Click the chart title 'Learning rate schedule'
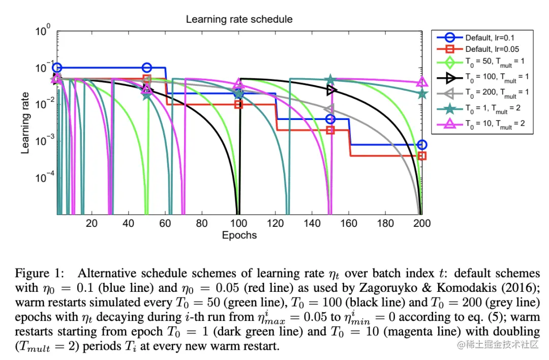239,20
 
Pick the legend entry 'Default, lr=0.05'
492,49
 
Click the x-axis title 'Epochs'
239,235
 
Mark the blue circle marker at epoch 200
421,145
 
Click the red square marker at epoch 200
421,156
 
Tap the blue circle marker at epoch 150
330,119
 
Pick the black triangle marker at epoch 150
331,90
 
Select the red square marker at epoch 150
330,130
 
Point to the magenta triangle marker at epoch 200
421,82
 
